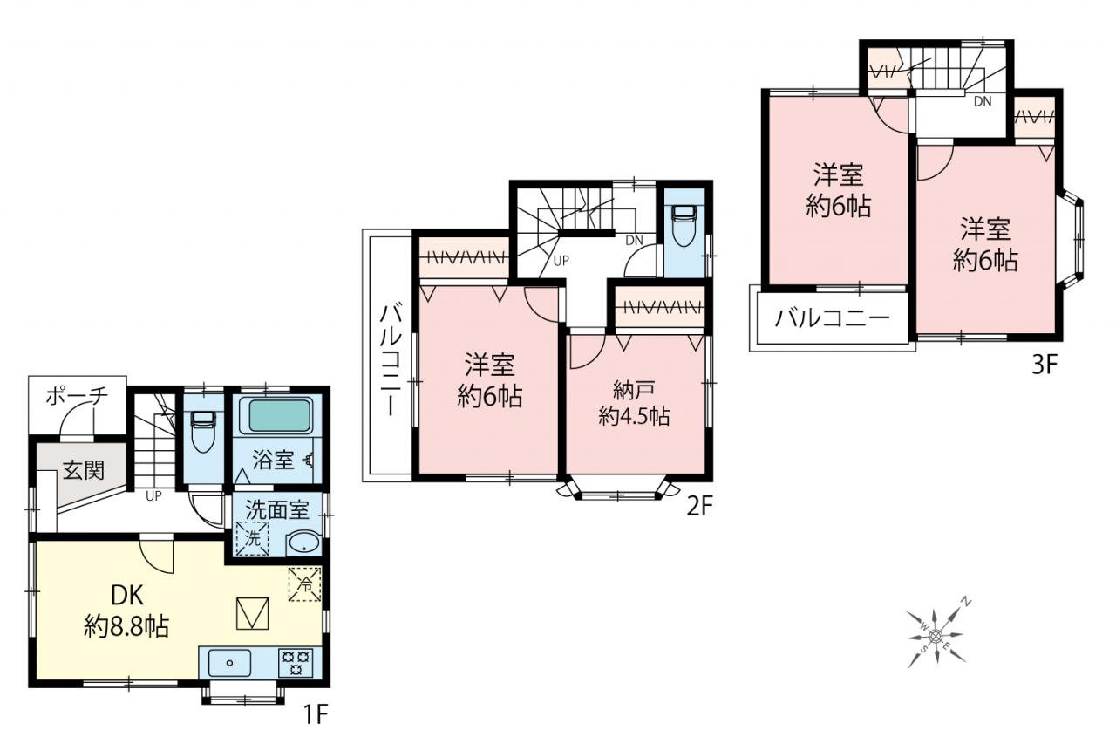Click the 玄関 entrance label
[x=83, y=470]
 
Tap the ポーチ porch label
[x=78, y=397]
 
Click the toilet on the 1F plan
[x=203, y=432]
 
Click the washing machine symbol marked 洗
[x=253, y=538]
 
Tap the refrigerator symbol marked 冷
[x=304, y=584]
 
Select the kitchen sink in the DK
[x=229, y=663]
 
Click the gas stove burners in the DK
[x=296, y=663]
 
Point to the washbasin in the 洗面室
[x=304, y=544]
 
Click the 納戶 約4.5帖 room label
[x=634, y=403]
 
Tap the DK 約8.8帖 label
[x=126, y=611]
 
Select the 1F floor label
[x=316, y=715]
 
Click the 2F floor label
[x=699, y=508]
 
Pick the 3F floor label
[x=1045, y=365]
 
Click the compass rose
[x=936, y=635]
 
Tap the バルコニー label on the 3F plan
[x=833, y=318]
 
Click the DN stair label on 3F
[x=983, y=102]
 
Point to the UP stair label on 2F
[x=561, y=261]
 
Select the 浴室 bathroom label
[x=273, y=460]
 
